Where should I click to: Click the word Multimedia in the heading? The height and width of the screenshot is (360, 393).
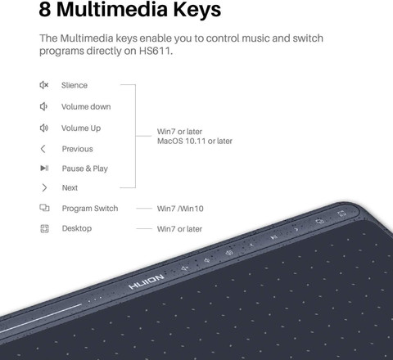click(113, 9)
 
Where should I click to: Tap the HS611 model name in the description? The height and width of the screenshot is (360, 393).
click(156, 51)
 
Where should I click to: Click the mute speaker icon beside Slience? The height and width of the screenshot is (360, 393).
click(44, 85)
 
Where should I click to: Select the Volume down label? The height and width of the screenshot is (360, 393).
click(86, 106)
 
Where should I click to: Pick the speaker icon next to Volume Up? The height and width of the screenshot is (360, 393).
click(44, 128)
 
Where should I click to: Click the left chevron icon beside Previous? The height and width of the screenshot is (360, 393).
click(43, 149)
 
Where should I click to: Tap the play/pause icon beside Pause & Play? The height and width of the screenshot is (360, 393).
click(44, 168)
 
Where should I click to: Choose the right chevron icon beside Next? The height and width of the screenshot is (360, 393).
click(44, 187)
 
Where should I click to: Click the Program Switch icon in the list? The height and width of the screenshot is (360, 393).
click(44, 208)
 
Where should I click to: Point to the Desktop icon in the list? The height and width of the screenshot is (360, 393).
click(44, 228)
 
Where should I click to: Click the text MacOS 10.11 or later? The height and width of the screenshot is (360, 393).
click(195, 141)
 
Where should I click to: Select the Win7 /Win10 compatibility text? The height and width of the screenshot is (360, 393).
click(180, 209)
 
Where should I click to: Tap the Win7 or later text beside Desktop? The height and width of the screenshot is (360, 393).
click(179, 229)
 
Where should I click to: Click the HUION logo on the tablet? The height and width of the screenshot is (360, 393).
click(147, 282)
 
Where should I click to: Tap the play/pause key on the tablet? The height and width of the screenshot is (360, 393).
click(274, 237)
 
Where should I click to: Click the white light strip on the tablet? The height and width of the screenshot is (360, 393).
click(41, 318)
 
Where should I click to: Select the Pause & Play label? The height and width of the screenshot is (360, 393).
click(85, 169)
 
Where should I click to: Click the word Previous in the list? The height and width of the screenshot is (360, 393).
click(78, 149)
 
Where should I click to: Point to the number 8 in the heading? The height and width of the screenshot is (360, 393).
click(45, 9)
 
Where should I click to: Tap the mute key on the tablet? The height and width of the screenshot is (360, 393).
click(185, 268)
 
